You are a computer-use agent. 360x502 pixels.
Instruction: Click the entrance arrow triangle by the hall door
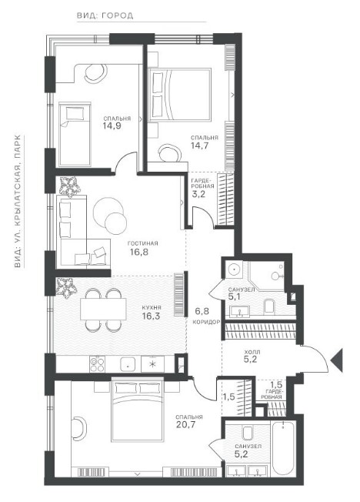click(x=337, y=360)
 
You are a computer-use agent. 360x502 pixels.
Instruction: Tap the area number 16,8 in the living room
click(x=139, y=253)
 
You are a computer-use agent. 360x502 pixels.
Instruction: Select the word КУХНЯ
click(x=152, y=308)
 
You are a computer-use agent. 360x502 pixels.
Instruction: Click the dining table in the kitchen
click(x=103, y=309)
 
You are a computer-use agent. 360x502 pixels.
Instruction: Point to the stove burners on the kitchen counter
click(x=98, y=364)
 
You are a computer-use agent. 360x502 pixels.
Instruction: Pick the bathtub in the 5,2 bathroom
click(x=283, y=449)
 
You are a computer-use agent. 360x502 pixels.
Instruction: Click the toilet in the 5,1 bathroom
click(x=269, y=306)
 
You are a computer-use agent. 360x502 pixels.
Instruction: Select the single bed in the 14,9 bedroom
click(x=75, y=135)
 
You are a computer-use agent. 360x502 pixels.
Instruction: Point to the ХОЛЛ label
click(x=252, y=352)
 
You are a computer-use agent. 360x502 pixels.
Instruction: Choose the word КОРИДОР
click(x=206, y=322)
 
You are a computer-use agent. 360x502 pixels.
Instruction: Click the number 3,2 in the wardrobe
click(x=198, y=194)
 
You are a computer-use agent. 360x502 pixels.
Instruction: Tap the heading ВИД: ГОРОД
click(x=105, y=15)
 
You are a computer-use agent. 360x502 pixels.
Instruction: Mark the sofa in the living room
click(x=84, y=232)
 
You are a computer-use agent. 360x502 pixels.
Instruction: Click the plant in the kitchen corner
click(x=66, y=287)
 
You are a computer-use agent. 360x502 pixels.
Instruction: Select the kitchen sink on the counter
click(x=128, y=364)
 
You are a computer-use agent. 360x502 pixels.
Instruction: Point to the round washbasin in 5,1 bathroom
click(x=234, y=269)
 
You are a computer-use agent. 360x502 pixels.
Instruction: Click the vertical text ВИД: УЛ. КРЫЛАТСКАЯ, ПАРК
click(x=18, y=202)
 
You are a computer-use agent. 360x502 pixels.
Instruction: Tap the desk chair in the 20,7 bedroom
click(x=79, y=429)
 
